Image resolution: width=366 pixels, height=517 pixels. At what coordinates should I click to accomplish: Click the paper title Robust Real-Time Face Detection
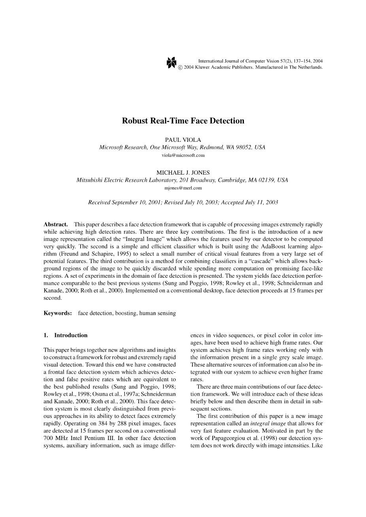[x=183, y=121]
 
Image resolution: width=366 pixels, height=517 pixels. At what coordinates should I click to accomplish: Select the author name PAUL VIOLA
[x=183, y=140]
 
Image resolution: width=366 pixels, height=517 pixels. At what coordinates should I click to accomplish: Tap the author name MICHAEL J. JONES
[x=183, y=173]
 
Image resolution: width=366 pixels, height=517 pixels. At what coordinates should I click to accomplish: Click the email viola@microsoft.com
[x=183, y=155]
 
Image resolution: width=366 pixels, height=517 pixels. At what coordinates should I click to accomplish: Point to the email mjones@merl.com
[x=183, y=188]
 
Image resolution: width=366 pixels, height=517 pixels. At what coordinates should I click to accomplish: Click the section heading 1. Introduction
[x=66, y=335]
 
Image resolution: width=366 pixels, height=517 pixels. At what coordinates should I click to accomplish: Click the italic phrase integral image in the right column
[x=264, y=424]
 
